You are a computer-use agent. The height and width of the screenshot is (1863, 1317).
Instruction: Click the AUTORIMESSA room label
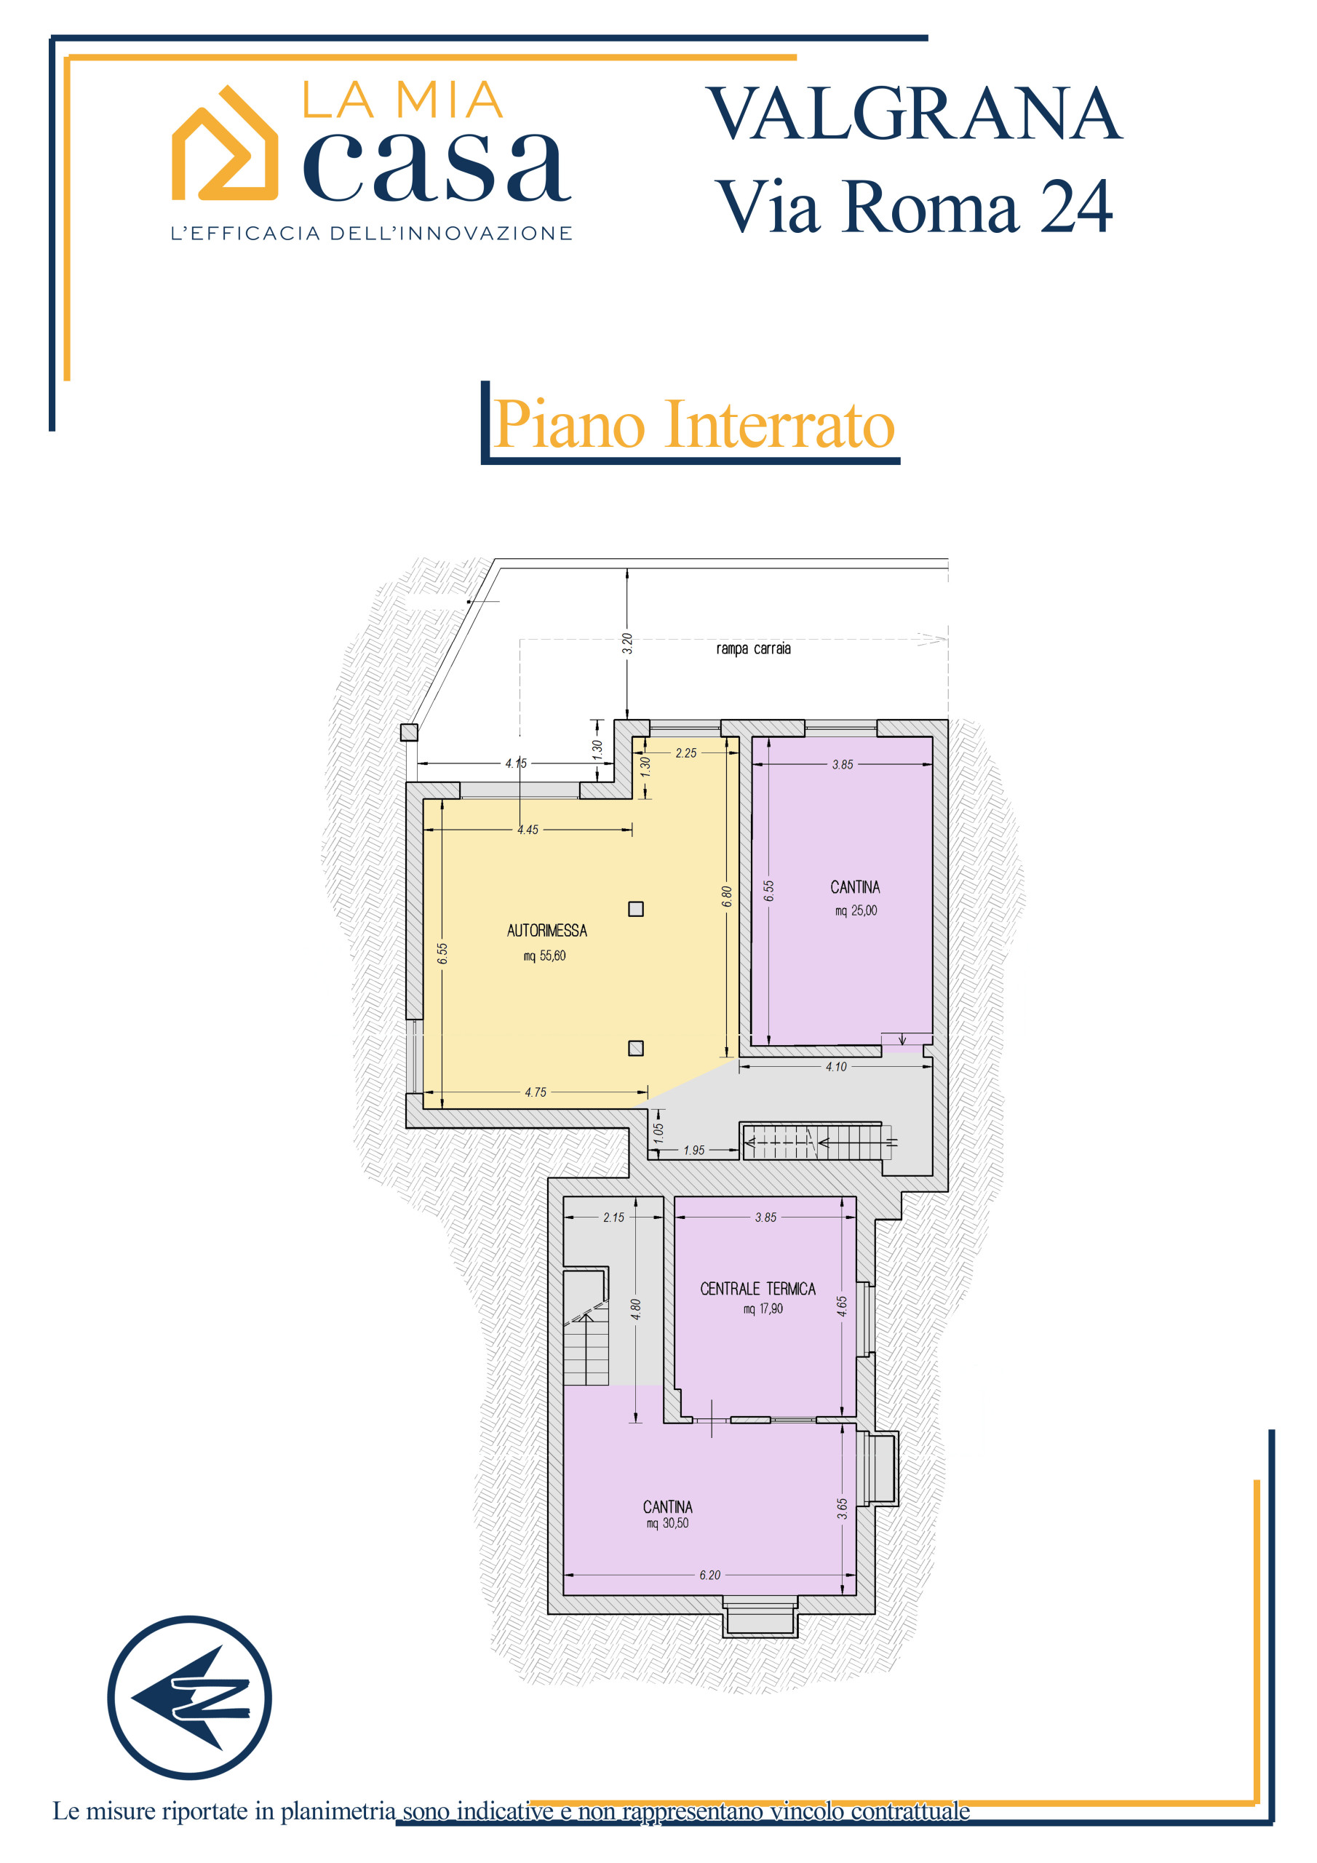[547, 931]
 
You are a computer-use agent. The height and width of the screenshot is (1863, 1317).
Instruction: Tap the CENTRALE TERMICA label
[758, 1289]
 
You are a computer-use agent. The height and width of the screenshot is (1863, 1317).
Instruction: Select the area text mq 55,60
[544, 956]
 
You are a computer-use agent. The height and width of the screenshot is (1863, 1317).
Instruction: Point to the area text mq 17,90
[763, 1308]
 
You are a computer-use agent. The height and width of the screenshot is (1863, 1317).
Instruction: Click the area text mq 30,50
[667, 1523]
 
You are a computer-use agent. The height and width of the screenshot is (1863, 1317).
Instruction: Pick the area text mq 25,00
[856, 910]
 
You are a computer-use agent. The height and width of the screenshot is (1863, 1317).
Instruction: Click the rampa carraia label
[753, 648]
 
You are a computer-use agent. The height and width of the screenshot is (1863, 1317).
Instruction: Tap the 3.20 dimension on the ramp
[627, 643]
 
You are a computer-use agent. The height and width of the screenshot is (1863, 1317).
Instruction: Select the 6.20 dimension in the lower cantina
[709, 1575]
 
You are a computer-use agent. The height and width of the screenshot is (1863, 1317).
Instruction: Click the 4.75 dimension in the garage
[536, 1092]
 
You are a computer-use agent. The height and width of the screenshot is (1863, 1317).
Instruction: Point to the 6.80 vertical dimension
[727, 896]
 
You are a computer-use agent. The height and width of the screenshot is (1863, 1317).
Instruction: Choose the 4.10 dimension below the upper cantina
[836, 1067]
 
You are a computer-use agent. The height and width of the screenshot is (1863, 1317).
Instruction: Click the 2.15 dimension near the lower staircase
[613, 1217]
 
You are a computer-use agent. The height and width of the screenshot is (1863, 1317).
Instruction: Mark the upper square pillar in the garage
[636, 909]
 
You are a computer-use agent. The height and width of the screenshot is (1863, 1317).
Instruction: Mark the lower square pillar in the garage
[636, 1049]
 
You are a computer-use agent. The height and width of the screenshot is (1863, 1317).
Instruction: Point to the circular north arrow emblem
[190, 1698]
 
